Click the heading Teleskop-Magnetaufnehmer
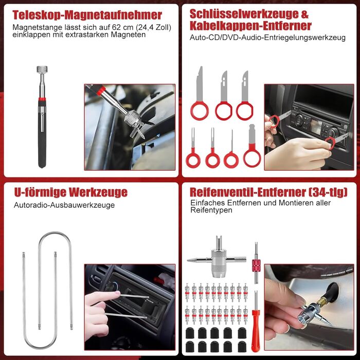click(x=87, y=15)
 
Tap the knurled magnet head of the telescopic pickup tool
click(x=42, y=69)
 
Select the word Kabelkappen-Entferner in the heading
click(x=250, y=26)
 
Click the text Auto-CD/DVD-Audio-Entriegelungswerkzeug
click(x=267, y=38)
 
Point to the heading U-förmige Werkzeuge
click(x=71, y=192)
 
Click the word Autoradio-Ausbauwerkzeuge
click(x=64, y=205)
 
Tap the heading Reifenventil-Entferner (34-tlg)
click(x=268, y=192)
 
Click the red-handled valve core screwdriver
click(x=256, y=321)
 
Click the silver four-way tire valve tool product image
click(x=217, y=259)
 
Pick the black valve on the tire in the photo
click(x=332, y=292)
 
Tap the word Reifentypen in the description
click(x=211, y=210)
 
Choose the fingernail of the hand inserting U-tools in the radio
click(x=117, y=293)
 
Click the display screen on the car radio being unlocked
click(x=316, y=127)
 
